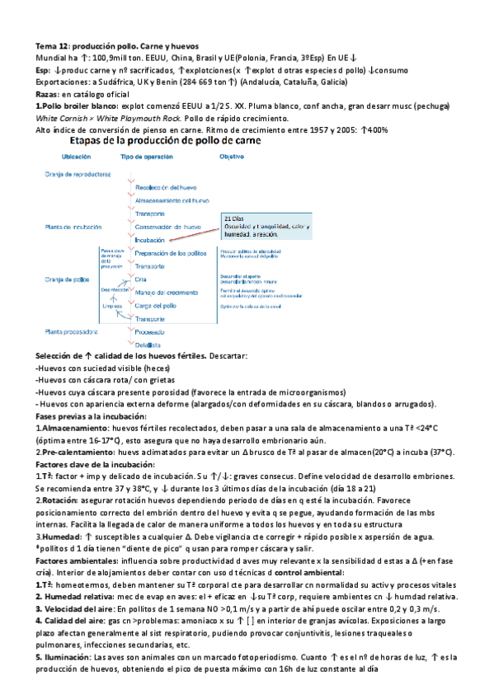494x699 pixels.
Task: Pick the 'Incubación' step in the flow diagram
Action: (151, 240)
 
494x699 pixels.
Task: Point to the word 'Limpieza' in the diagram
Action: (112, 305)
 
